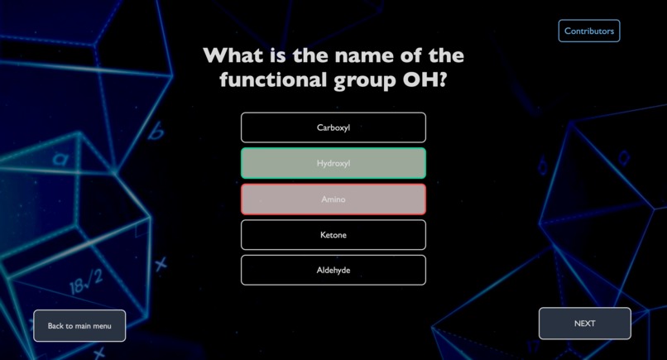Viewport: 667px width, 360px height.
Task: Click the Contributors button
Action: pos(588,31)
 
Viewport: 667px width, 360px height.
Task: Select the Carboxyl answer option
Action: pos(333,127)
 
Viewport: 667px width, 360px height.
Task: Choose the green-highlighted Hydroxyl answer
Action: pos(333,163)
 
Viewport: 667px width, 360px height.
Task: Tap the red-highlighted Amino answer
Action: pos(333,199)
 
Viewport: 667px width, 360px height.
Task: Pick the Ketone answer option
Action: pos(333,235)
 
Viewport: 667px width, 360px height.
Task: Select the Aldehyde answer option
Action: pos(333,271)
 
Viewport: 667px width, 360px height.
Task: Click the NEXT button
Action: pos(584,324)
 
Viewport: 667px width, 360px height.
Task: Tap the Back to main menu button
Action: pos(79,326)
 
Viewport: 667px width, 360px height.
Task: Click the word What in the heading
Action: pos(233,56)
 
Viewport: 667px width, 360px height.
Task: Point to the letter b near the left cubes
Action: pos(156,131)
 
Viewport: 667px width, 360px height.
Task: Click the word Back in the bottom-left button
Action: pos(55,326)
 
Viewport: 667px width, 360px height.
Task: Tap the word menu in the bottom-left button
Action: pos(102,326)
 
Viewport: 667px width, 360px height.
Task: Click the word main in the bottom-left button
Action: pos(83,326)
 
